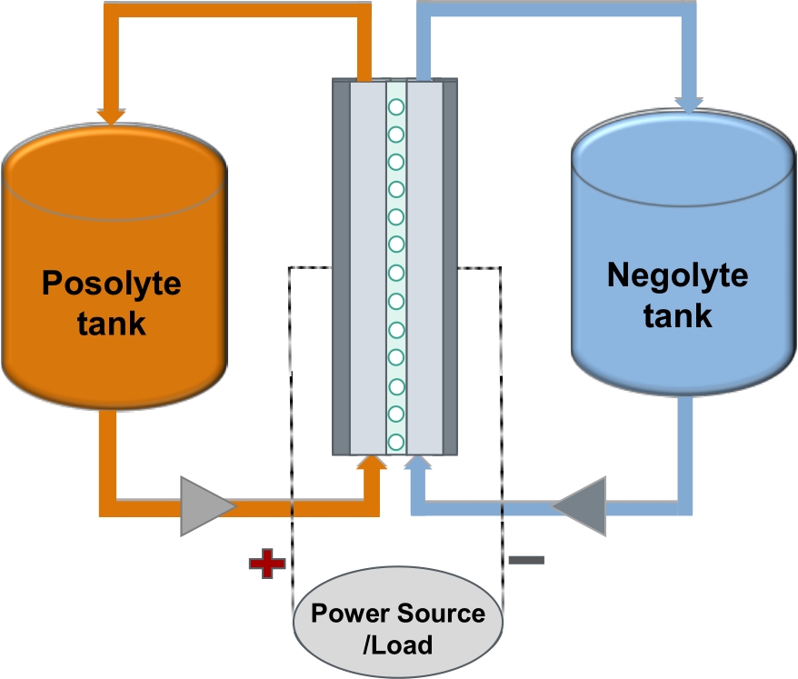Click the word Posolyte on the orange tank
[112, 283]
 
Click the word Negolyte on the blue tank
[677, 275]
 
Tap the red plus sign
[266, 564]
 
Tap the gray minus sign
[526, 560]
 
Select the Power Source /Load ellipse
[397, 628]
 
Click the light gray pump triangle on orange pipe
[204, 505]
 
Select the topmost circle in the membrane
[396, 107]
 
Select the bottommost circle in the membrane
[396, 443]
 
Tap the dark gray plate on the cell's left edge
[341, 268]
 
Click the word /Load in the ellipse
[397, 645]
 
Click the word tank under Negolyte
[677, 315]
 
